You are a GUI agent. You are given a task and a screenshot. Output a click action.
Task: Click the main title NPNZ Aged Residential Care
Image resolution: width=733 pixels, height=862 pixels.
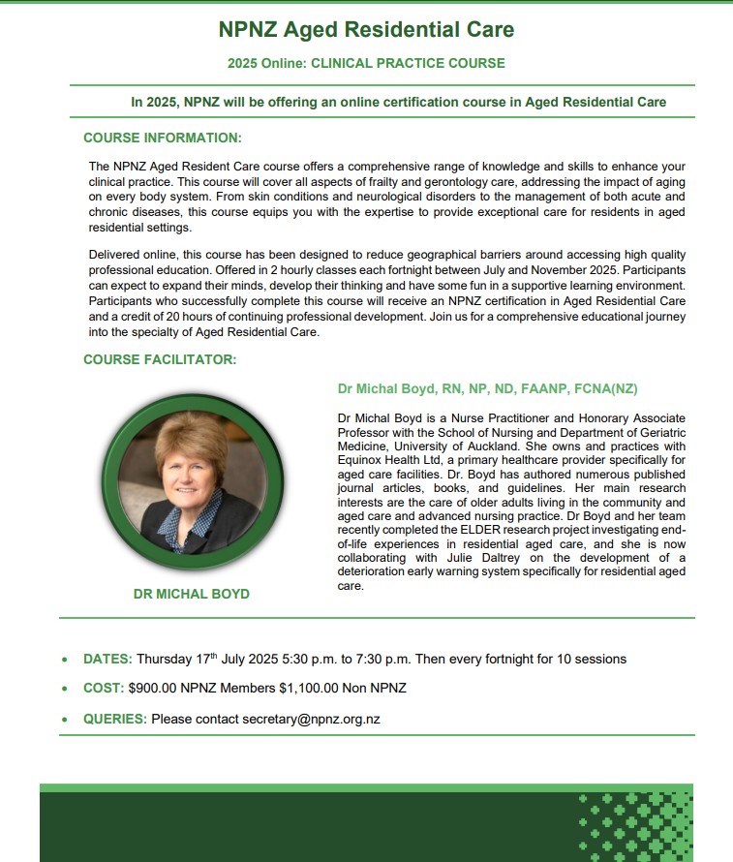coord(366,29)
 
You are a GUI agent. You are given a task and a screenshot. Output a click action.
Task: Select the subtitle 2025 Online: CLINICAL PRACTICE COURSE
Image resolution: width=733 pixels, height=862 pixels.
coord(366,64)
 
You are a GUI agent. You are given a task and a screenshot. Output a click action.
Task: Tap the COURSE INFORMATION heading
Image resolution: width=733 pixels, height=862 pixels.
coord(163,138)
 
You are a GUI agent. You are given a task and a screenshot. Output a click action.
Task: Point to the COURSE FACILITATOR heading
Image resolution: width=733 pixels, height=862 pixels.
coord(160,360)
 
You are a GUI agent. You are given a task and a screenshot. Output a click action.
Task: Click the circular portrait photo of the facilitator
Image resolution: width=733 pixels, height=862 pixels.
coord(193,483)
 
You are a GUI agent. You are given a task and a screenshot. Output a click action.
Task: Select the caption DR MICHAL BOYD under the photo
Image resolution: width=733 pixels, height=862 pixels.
coord(191,594)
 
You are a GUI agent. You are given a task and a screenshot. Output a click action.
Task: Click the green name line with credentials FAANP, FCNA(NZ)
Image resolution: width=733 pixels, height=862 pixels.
coord(487,389)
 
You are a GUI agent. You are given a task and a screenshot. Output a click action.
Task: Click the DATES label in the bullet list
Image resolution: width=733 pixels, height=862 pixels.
coord(107,659)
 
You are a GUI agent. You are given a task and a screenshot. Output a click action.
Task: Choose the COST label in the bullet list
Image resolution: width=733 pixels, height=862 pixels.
coord(104,689)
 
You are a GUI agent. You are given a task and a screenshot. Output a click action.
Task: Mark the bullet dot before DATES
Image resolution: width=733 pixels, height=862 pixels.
coord(65,660)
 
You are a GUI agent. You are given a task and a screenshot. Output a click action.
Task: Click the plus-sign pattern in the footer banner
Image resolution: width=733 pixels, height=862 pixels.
coord(634,824)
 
